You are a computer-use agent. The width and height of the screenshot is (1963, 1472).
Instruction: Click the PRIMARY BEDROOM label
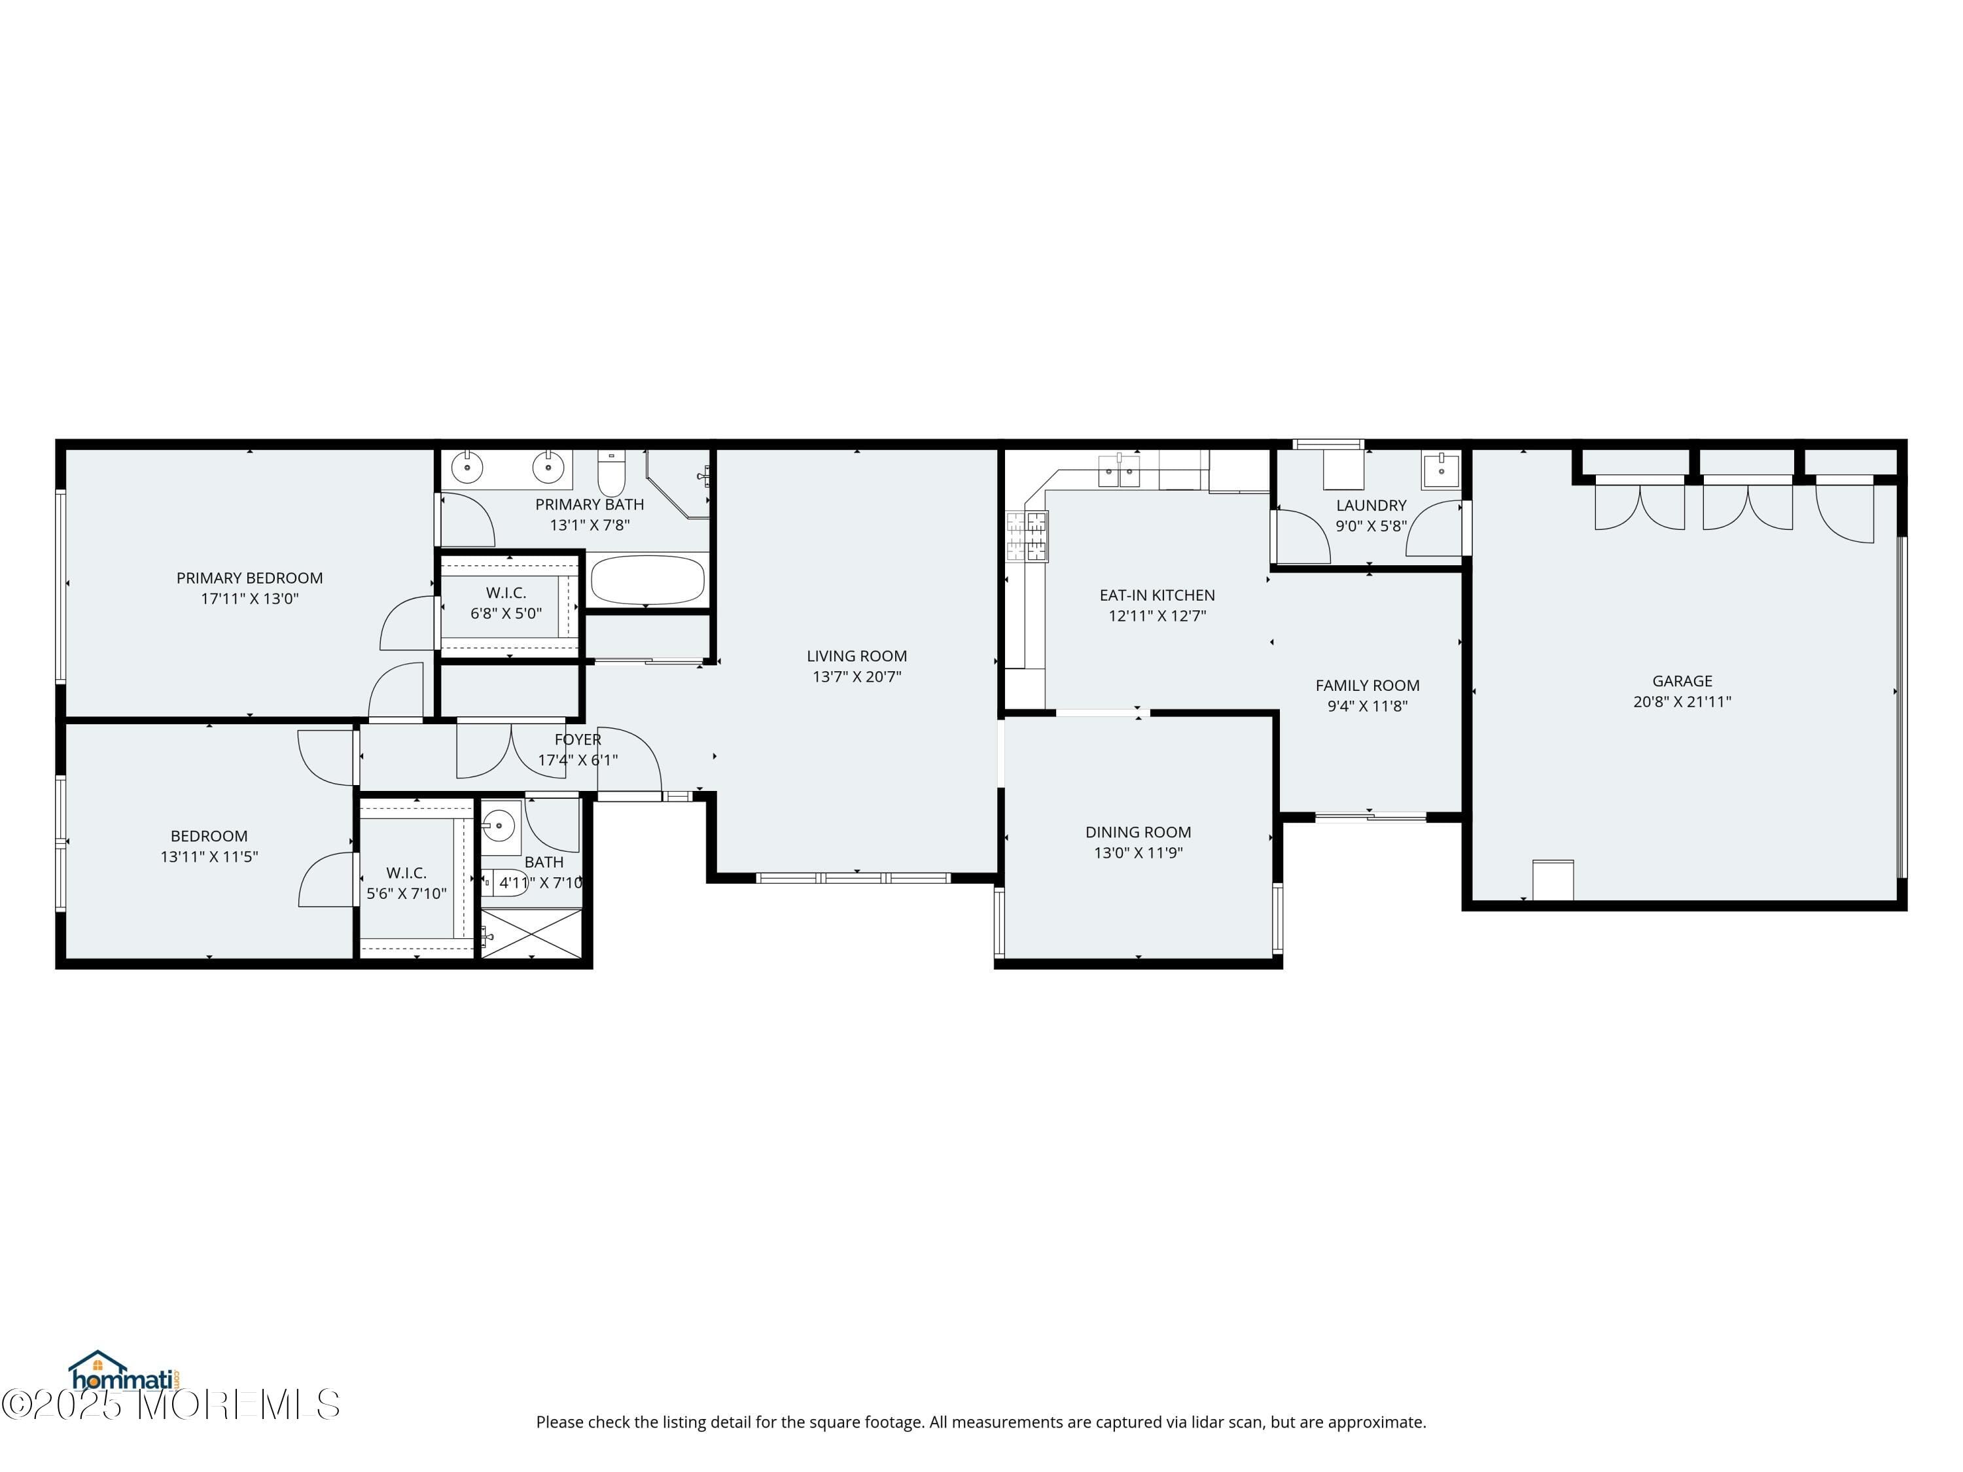[x=249, y=578]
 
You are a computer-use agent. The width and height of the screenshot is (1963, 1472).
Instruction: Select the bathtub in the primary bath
[x=647, y=580]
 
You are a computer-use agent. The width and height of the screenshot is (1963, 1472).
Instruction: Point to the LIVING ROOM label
[x=857, y=656]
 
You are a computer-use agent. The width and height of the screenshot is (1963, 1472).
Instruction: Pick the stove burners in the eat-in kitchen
[x=1026, y=538]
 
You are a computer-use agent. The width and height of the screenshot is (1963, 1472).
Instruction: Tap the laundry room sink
[x=1440, y=470]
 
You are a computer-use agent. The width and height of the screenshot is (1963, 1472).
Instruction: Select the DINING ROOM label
[x=1138, y=832]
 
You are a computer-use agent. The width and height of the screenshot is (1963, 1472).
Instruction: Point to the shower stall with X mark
[x=531, y=934]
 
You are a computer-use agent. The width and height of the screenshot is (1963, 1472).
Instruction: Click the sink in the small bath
[x=500, y=827]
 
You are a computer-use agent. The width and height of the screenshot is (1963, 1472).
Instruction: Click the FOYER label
[x=578, y=739]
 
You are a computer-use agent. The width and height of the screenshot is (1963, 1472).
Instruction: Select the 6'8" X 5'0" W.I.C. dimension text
[x=506, y=613]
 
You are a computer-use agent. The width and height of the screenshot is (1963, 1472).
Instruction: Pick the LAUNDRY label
[x=1371, y=505]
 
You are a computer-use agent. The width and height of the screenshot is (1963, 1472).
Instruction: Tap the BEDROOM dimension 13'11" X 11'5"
[x=209, y=857]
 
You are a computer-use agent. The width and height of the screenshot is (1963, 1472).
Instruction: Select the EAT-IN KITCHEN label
[x=1156, y=595]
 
